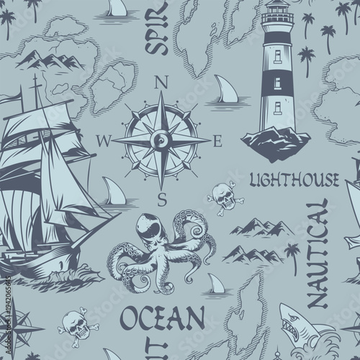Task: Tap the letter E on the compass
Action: (x=218, y=141)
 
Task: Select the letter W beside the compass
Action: (x=109, y=141)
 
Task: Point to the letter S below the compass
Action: (x=163, y=196)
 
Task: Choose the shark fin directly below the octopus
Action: (x=215, y=282)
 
